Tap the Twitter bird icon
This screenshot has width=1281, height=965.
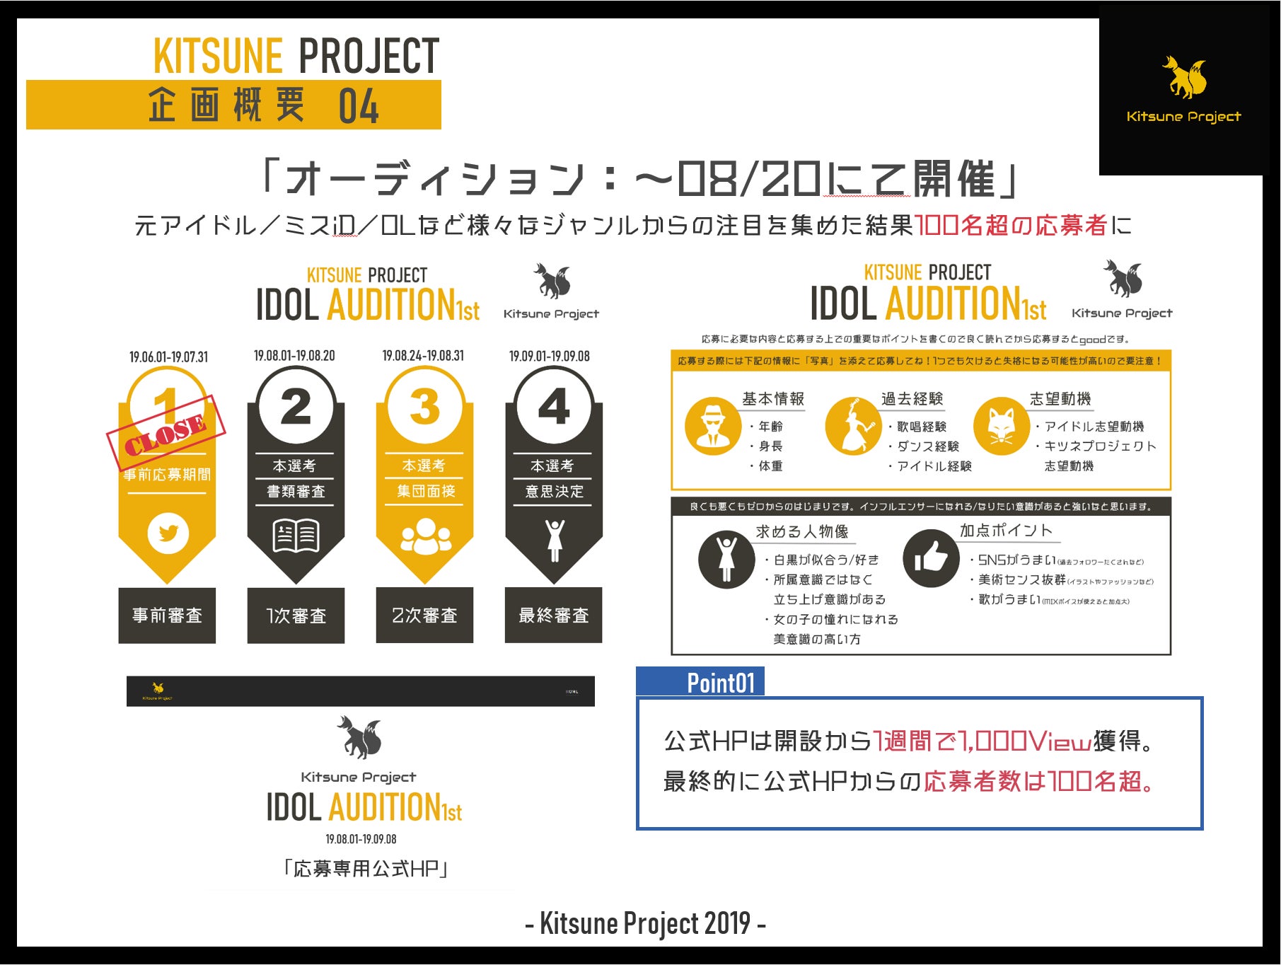coord(168,533)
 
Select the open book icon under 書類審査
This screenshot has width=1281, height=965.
coord(296,535)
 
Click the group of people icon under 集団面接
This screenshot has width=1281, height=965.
coord(425,536)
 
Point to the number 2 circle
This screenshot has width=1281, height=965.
coord(296,407)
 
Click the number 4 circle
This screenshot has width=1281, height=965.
coord(553,407)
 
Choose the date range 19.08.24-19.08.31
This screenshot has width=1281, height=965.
coord(423,356)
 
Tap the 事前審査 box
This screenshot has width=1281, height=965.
coord(167,616)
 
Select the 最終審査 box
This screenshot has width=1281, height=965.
coord(553,616)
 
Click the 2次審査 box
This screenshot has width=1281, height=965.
coord(424,616)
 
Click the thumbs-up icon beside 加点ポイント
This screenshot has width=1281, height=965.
coord(931,559)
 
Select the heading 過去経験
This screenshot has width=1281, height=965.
coord(912,399)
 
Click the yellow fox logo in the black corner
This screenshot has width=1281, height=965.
coord(1184,78)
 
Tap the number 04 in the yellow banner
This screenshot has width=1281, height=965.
coord(359,106)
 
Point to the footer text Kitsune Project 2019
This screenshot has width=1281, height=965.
coord(645,923)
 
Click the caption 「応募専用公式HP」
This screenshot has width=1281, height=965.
coord(365,868)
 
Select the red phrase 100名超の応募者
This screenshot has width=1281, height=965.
coord(1011,226)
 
